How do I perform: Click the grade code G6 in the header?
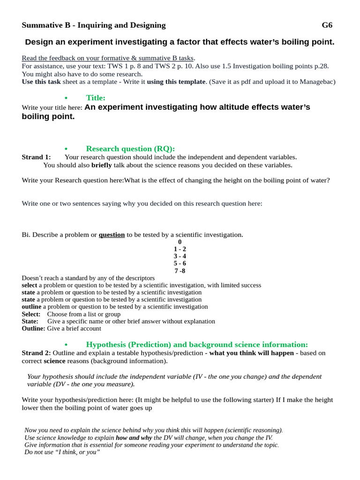pyautogui.click(x=327, y=25)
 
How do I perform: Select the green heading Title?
pyautogui.click(x=96, y=97)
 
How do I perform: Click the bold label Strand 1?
pyautogui.click(x=36, y=157)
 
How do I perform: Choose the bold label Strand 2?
pyautogui.click(x=36, y=353)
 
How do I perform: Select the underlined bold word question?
pyautogui.click(x=112, y=235)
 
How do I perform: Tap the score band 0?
pyautogui.click(x=180, y=242)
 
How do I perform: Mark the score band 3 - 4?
pyautogui.click(x=180, y=256)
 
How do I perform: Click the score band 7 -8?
pyautogui.click(x=180, y=271)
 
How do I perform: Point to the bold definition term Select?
pyautogui.click(x=31, y=314)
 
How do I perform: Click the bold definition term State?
pyautogui.click(x=30, y=322)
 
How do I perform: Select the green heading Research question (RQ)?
pyautogui.click(x=130, y=149)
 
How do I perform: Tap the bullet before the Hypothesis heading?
pyautogui.click(x=66, y=345)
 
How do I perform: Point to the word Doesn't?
pyautogui.click(x=34, y=278)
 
